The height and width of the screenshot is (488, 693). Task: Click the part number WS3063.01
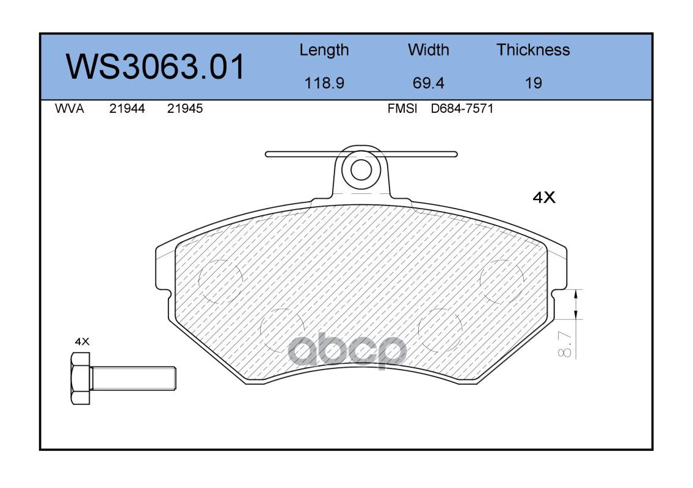(155, 66)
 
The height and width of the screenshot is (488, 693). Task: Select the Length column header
(324, 51)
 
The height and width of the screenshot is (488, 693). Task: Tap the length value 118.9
(324, 83)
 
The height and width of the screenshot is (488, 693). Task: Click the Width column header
(428, 49)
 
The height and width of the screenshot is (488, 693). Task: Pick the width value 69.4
(428, 83)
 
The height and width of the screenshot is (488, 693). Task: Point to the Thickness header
(533, 49)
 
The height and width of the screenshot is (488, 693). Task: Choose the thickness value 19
(534, 83)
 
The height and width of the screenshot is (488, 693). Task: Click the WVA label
(70, 109)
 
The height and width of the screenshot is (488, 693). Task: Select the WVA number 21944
(127, 109)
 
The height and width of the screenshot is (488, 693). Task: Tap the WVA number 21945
(185, 109)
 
